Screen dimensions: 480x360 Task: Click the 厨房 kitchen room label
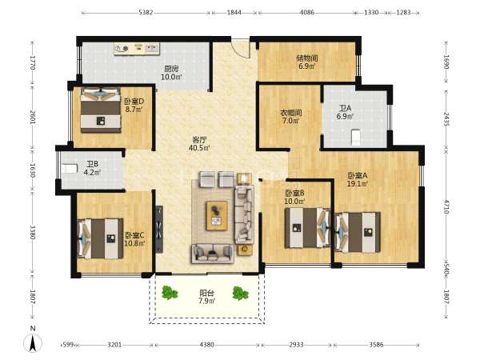coord(171,69)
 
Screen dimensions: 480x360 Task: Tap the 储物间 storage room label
coord(306,58)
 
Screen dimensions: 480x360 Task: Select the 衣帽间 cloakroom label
coord(291,112)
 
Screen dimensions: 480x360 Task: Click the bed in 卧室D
coord(101,110)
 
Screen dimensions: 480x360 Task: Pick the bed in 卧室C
coord(100,238)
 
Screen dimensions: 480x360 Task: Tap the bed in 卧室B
coord(307,228)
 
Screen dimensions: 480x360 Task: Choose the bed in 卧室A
coord(358,232)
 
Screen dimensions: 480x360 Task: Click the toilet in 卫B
coord(69,168)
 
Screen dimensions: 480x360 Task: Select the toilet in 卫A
coord(355,138)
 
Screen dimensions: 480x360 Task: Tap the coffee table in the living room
coord(217,215)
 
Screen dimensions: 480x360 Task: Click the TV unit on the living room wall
coord(159,229)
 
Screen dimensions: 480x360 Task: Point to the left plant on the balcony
coord(170,293)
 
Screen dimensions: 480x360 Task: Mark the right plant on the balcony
coord(240,294)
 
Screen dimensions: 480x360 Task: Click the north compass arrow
coord(33,343)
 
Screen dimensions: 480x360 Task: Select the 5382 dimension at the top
coord(146,13)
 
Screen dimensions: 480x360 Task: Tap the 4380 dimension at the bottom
coord(207,345)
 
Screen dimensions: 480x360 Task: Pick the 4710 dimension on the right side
coord(446,206)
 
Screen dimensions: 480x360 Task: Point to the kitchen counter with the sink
coord(137,49)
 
